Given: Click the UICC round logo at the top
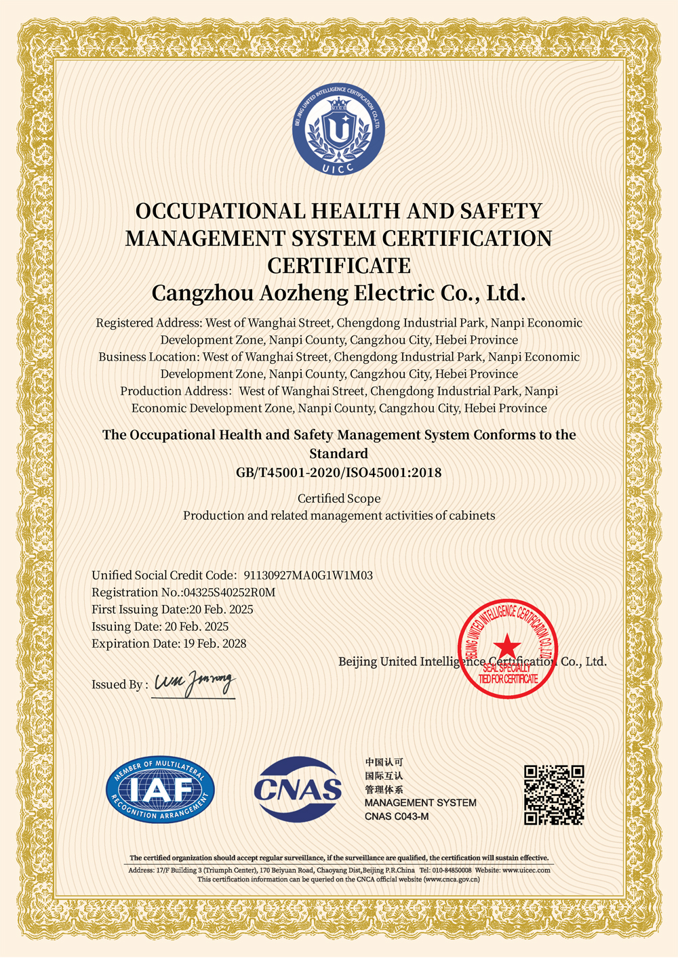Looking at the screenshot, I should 338,131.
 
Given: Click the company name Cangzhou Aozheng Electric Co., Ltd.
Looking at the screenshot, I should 338,293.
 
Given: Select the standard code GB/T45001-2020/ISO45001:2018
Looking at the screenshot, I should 338,473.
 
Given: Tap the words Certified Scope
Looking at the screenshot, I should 338,499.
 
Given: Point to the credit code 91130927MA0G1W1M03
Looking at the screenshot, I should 308,576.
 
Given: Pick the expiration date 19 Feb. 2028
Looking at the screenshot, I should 215,644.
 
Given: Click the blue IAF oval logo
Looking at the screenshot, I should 161,789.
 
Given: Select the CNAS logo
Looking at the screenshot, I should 298,789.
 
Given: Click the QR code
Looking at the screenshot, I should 554,795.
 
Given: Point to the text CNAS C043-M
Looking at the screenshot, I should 397,816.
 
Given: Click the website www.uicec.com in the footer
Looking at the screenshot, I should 526,870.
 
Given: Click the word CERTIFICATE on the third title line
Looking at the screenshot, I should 338,265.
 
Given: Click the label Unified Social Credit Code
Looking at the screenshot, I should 163,576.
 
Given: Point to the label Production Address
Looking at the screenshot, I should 175,392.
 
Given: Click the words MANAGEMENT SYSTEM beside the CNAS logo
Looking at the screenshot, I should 420,803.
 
